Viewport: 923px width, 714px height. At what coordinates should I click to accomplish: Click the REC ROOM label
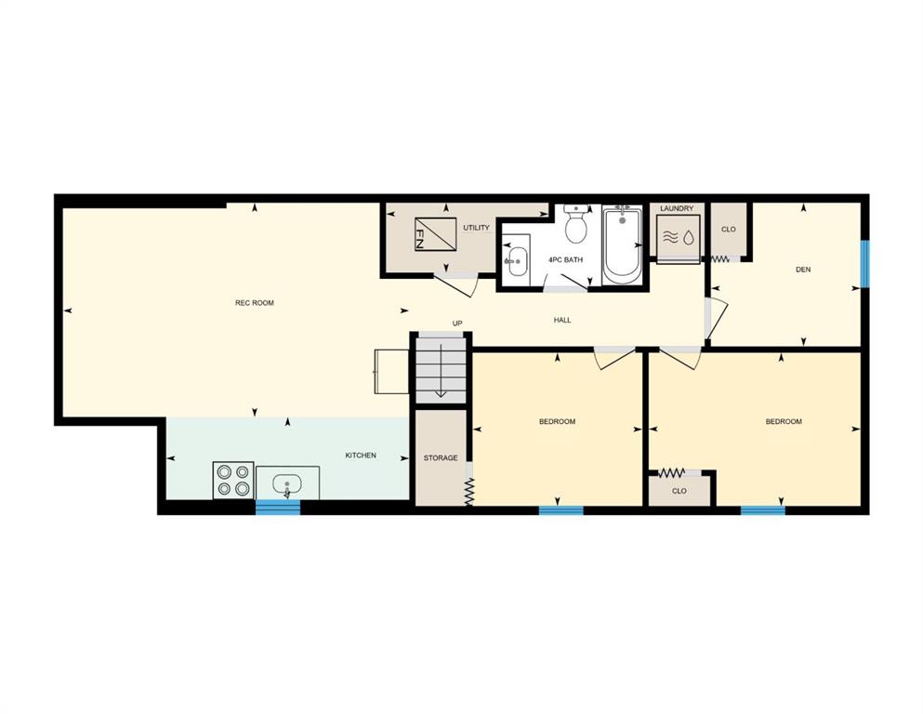click(255, 303)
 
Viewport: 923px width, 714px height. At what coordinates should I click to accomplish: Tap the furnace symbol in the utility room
click(436, 234)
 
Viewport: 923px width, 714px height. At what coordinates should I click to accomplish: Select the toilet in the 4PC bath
click(576, 224)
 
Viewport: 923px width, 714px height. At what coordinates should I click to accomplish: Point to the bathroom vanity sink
click(517, 260)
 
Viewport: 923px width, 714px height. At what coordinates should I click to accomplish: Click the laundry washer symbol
click(679, 238)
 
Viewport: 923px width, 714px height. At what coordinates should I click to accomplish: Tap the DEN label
click(803, 270)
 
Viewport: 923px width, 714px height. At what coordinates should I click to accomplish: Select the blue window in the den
click(864, 264)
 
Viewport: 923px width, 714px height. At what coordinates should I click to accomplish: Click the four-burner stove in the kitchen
click(233, 481)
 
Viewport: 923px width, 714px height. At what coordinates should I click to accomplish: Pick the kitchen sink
click(287, 484)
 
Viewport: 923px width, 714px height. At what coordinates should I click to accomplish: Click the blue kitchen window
click(278, 507)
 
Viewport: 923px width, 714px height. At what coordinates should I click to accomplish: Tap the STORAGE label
click(441, 458)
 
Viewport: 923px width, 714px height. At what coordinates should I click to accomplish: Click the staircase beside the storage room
click(441, 368)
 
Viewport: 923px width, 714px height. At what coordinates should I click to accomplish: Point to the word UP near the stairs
click(457, 324)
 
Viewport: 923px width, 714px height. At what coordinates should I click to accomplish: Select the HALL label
click(562, 320)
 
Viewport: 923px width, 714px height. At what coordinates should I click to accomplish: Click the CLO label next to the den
click(728, 230)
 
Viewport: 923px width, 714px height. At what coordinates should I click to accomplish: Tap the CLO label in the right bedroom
click(679, 491)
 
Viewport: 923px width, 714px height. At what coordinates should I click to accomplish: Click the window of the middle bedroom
click(561, 510)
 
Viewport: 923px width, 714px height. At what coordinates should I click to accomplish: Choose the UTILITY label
click(476, 228)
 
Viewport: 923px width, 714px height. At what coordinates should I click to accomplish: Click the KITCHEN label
click(361, 456)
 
